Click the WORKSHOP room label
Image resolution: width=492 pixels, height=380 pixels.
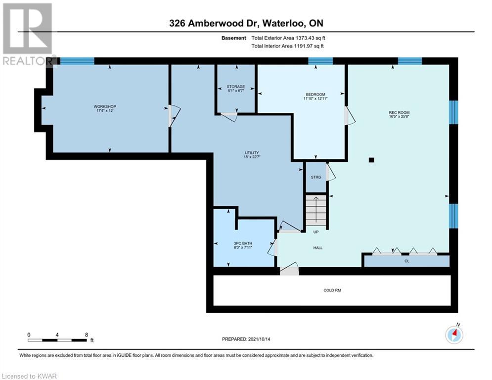click(x=105, y=106)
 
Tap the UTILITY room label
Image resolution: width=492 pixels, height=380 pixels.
click(x=252, y=152)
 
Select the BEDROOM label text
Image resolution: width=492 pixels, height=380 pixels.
click(x=315, y=94)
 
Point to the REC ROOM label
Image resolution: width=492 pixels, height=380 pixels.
click(x=399, y=112)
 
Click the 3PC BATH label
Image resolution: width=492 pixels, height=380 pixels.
click(x=243, y=243)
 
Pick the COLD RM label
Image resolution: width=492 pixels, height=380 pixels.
click(x=332, y=290)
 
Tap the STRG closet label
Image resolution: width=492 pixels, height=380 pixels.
click(x=316, y=177)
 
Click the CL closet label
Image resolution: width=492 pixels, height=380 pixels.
click(x=407, y=261)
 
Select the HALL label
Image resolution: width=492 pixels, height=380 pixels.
click(x=318, y=248)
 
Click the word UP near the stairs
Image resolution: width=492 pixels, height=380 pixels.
click(x=316, y=232)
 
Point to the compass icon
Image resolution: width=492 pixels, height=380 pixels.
click(x=454, y=335)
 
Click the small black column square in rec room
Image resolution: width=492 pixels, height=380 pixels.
click(x=371, y=160)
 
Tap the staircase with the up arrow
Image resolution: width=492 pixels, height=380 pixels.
click(x=316, y=210)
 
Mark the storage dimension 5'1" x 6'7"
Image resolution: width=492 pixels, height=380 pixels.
click(x=236, y=91)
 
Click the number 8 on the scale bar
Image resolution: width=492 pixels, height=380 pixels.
click(x=87, y=335)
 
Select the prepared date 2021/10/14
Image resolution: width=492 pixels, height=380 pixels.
click(x=259, y=339)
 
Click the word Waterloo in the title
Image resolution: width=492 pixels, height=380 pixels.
click(x=283, y=23)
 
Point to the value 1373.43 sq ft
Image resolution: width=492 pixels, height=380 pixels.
click(x=310, y=38)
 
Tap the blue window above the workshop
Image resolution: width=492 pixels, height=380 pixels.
click(x=77, y=61)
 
